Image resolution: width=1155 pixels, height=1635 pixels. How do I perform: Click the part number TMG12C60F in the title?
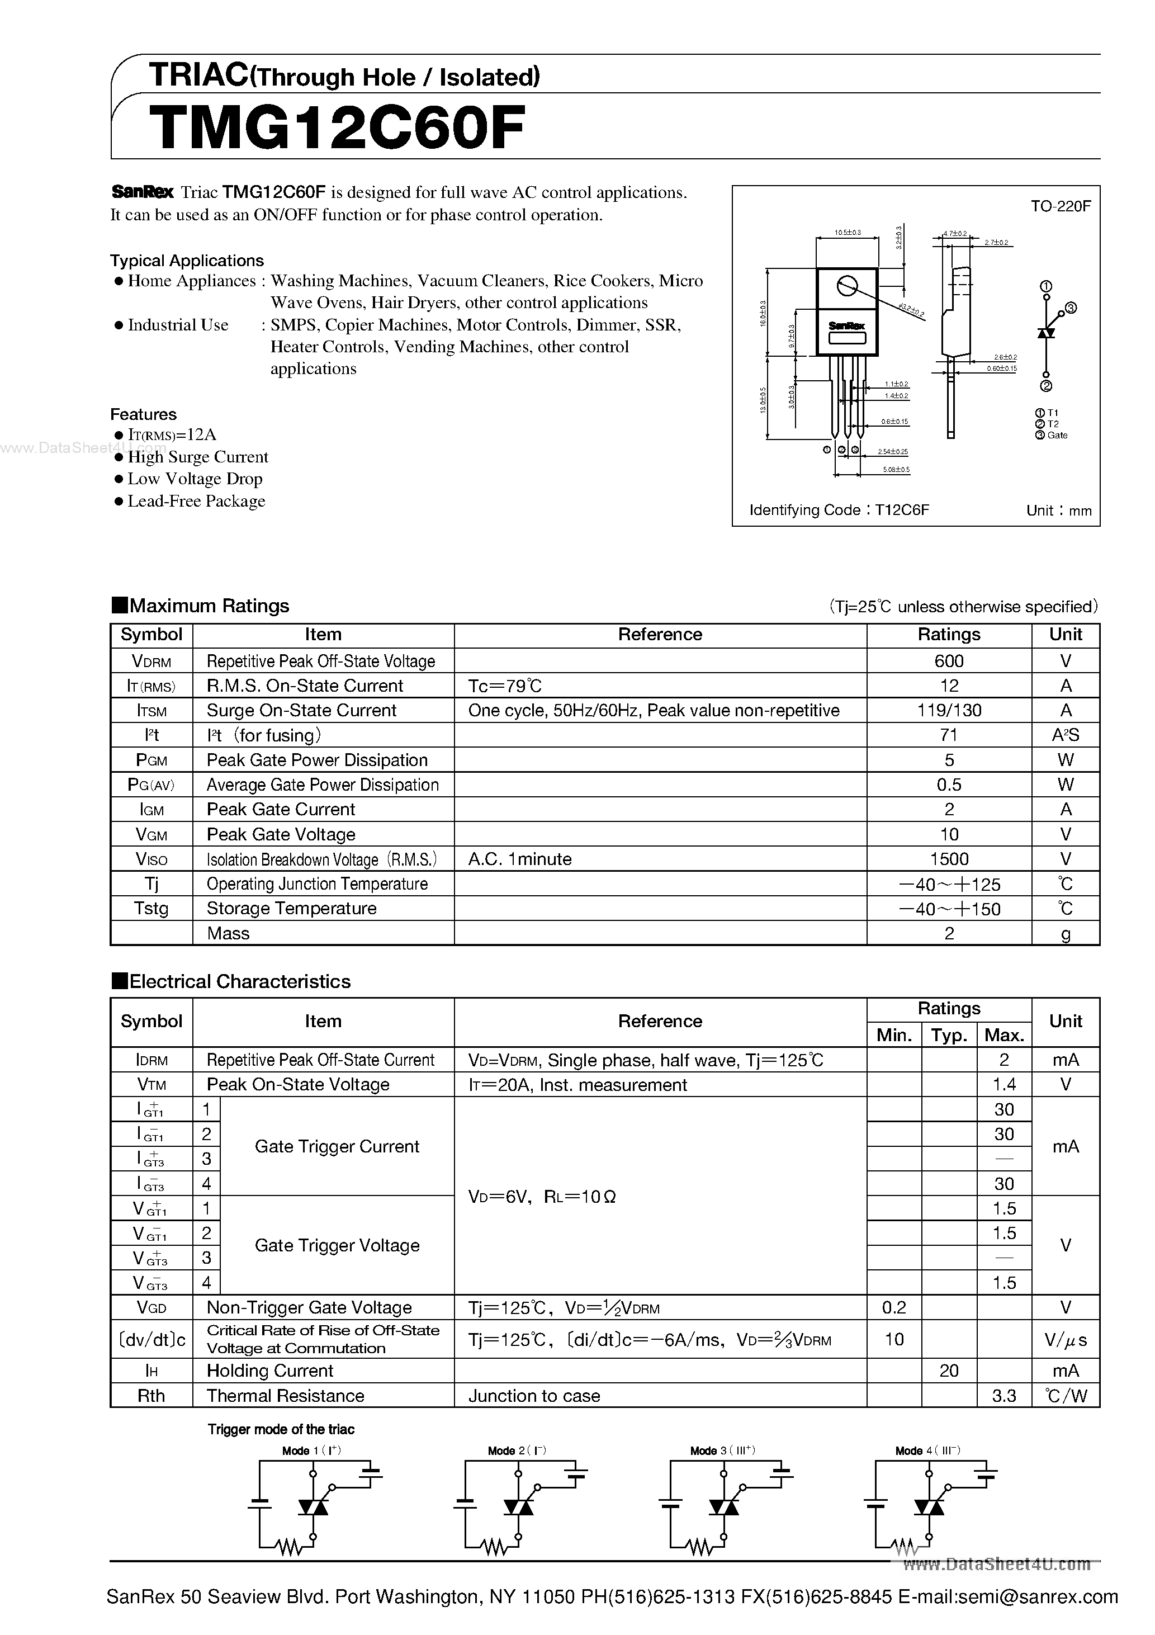tap(338, 128)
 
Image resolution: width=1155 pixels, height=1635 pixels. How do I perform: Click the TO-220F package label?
tap(1061, 206)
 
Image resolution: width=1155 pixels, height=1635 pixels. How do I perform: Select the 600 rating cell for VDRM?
tap(949, 661)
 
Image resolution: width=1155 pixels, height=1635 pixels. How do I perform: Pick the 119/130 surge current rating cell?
tap(949, 710)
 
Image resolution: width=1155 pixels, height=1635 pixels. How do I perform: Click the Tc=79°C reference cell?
tap(505, 686)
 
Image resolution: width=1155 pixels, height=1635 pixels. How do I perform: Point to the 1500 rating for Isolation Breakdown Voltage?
tap(949, 859)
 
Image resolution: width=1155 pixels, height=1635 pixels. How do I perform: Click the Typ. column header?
tap(949, 1034)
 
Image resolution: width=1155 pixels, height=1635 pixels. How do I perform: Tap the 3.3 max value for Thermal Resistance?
tap(1003, 1395)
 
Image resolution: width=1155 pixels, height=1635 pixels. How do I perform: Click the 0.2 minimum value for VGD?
tap(894, 1307)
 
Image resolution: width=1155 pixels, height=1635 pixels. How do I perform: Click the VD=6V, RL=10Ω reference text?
tap(542, 1197)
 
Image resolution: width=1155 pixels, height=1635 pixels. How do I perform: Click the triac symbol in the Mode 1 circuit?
tap(313, 1507)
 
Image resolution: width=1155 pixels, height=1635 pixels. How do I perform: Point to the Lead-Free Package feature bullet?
tap(196, 502)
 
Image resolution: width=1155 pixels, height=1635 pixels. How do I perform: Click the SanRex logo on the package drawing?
tap(846, 325)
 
